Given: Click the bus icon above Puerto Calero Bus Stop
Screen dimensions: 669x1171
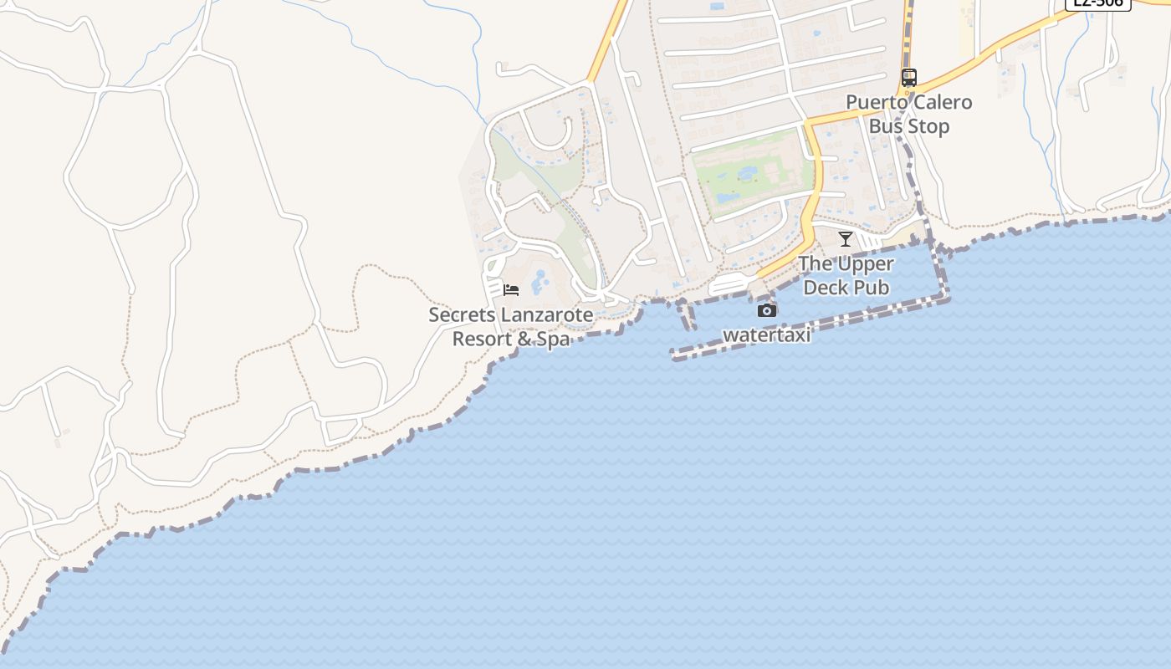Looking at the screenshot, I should [x=909, y=78].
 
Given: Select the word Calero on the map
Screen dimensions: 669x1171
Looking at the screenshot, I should [x=942, y=103].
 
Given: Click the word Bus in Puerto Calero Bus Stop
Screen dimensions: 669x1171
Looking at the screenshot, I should [x=887, y=127].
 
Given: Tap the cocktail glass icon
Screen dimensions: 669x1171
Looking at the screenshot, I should [x=846, y=239].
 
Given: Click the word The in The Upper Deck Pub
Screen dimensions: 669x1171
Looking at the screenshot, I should [x=815, y=264].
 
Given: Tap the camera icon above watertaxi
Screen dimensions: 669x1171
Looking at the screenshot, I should [x=767, y=311].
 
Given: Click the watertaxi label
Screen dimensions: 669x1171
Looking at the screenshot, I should [x=767, y=335].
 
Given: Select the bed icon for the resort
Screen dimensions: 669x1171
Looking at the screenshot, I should [x=511, y=290].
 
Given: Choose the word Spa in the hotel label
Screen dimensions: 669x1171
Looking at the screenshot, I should [x=554, y=340].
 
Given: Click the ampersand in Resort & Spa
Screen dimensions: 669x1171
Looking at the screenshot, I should [x=524, y=340].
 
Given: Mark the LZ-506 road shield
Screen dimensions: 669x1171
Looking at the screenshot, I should [x=1097, y=3].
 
